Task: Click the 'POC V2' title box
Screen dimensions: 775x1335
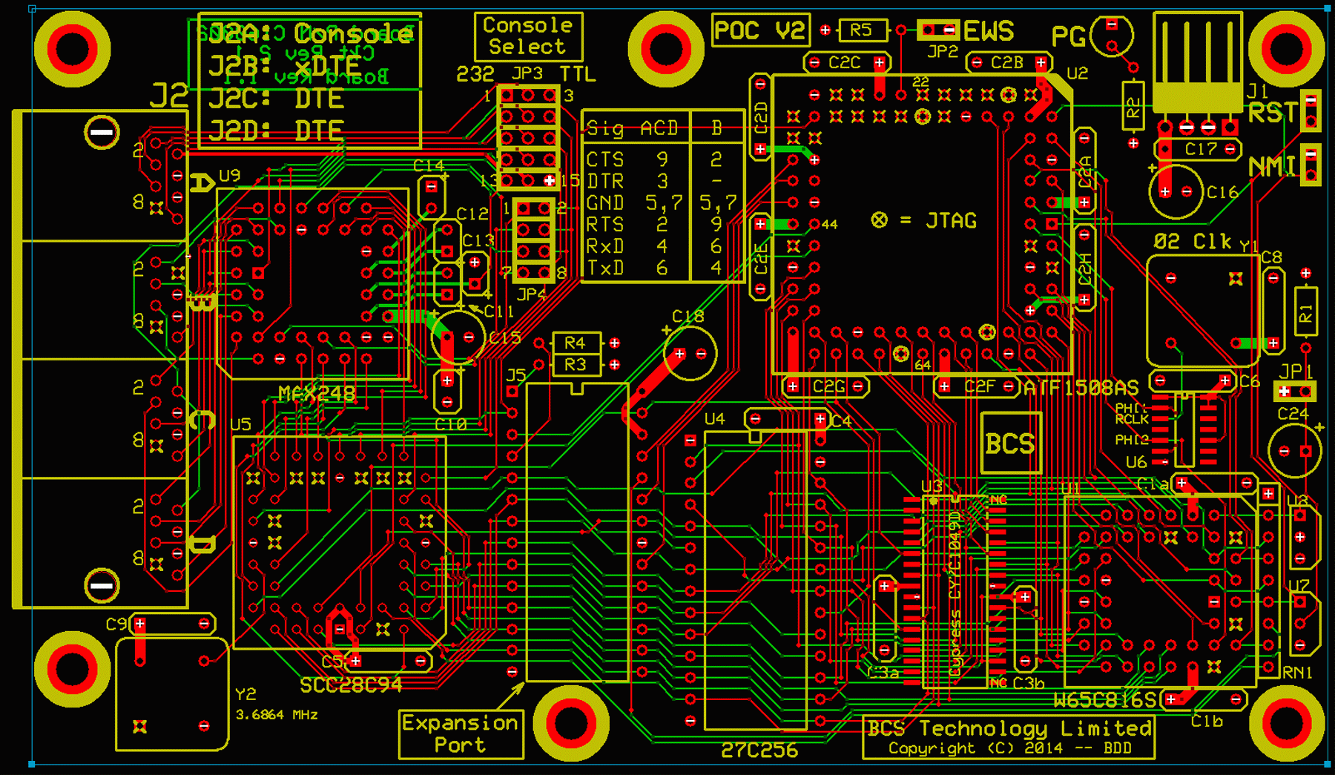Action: pos(760,30)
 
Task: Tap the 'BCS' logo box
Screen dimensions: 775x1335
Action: pos(1010,443)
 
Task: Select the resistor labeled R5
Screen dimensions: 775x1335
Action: pos(861,30)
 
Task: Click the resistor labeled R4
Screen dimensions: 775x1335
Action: pos(576,343)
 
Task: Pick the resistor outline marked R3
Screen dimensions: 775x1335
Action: pos(576,364)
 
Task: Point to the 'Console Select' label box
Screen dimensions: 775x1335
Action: pos(528,36)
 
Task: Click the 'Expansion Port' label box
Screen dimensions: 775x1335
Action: pos(461,733)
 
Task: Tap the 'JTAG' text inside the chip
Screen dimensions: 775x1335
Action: pos(952,220)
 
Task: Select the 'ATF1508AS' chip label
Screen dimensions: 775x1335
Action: pos(1081,388)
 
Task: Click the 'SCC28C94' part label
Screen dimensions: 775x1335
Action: pos(351,685)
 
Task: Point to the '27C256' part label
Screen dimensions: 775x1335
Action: pos(759,751)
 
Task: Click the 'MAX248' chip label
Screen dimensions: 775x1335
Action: pos(317,394)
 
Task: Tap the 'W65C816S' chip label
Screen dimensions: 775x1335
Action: pos(1105,700)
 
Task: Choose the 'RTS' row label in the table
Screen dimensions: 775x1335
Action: pos(604,224)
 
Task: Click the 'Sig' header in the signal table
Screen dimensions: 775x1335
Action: pos(604,129)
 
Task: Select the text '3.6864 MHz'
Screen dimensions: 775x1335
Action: pos(277,715)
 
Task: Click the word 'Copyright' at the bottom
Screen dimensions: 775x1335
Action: pos(932,748)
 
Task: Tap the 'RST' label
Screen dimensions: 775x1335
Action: pos(1273,113)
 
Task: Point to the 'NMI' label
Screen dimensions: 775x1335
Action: pos(1271,166)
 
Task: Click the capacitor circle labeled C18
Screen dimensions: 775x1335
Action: pos(690,354)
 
